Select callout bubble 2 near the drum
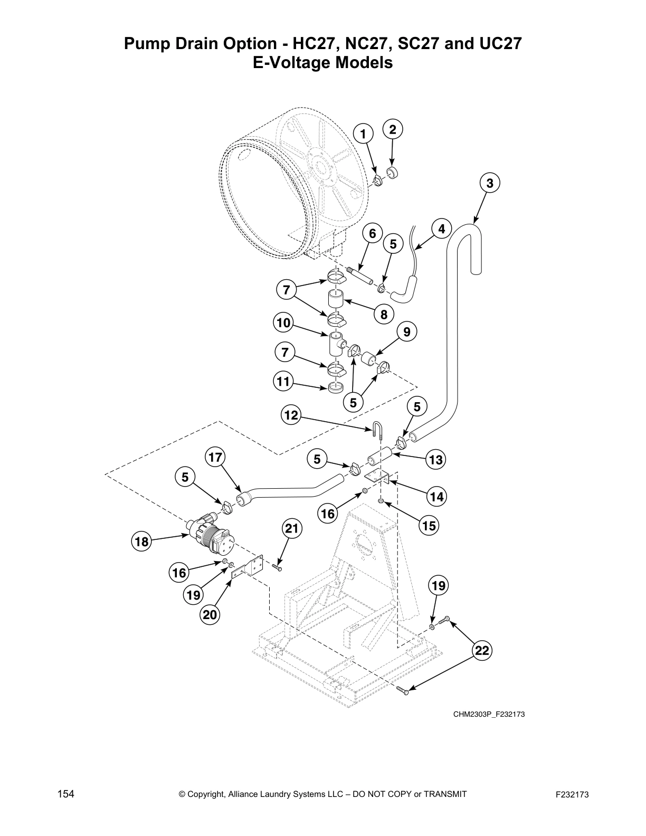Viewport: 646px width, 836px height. (393, 129)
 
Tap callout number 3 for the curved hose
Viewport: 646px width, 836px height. (490, 183)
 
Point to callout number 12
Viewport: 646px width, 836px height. (291, 416)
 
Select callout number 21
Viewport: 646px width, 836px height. (292, 528)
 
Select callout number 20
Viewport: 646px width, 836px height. (210, 615)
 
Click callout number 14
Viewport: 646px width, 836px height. (437, 497)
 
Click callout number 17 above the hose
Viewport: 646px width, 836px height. (215, 457)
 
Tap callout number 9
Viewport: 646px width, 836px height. (406, 332)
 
